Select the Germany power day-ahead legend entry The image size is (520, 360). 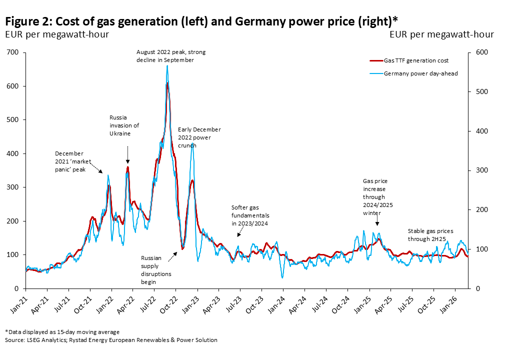point(413,74)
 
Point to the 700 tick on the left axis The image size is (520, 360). point(13,52)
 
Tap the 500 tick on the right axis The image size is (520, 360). point(475,92)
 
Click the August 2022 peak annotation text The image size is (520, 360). point(171,55)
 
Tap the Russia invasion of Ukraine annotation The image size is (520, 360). point(124,125)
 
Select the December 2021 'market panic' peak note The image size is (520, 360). point(70,161)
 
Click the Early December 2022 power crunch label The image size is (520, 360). point(199,137)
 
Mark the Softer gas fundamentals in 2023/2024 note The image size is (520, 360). point(249,215)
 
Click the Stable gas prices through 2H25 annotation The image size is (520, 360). point(430,235)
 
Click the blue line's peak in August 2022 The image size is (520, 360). point(167,66)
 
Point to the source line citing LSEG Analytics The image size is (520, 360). point(111,340)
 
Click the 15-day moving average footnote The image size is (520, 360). point(62,331)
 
